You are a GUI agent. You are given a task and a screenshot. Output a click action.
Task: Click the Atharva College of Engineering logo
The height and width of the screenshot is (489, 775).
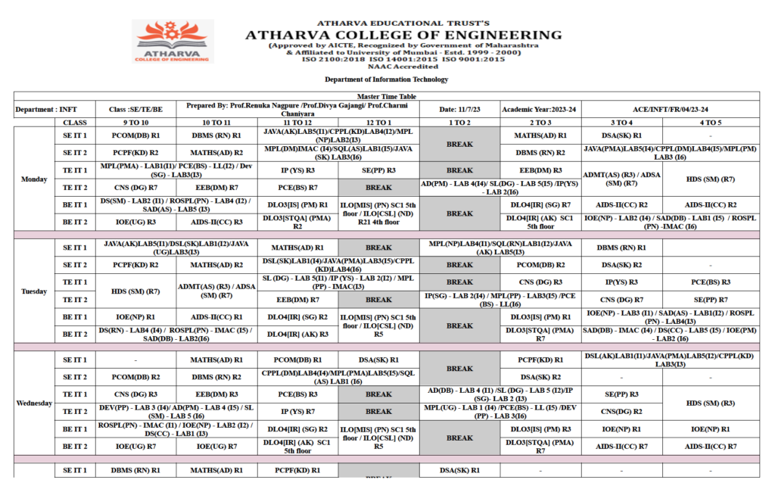pos(173,42)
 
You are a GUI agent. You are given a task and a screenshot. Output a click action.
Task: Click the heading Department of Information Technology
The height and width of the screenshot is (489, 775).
pos(386,79)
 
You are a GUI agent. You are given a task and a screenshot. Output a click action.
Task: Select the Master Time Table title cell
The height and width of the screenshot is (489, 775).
pos(386,97)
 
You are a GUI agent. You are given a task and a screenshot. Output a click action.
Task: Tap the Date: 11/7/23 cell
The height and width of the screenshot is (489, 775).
pos(459,110)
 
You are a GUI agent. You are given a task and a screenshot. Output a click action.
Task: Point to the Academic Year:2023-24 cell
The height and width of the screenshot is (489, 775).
pos(540,110)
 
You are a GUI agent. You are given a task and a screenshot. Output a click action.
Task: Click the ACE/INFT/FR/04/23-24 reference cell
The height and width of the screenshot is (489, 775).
pos(670,110)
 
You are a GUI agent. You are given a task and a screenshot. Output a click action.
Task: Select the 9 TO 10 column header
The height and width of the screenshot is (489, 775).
pos(135,123)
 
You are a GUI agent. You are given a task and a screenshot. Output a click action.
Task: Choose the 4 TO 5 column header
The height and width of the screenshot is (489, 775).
pos(710,123)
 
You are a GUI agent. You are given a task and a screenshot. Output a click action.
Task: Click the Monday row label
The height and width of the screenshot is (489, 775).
pos(35,179)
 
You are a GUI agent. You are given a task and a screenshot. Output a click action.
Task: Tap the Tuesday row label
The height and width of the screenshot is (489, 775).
pos(35,291)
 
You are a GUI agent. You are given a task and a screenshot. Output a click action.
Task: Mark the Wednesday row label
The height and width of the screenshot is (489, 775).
pos(35,403)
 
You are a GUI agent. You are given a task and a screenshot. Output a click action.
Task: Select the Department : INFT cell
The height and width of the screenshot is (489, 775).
pos(46,110)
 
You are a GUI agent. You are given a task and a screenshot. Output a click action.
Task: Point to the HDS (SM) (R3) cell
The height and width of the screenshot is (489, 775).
pos(710,403)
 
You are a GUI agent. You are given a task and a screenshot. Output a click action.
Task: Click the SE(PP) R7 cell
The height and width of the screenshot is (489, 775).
pos(710,300)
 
